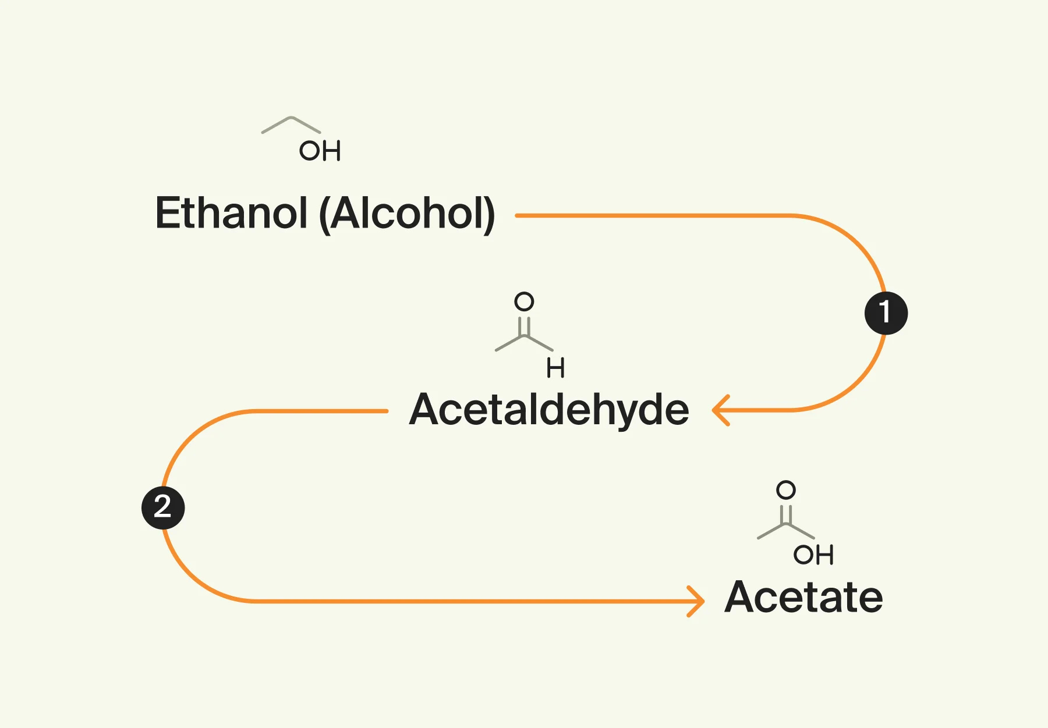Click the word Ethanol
pos(231,213)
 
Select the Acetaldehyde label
pos(549,410)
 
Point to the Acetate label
pos(803,597)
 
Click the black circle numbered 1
pos(886,313)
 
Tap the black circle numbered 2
pos(163,507)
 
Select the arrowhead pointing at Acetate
pos(696,601)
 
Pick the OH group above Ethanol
pos(320,151)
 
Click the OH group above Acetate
pos(813,555)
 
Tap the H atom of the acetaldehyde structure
pos(555,368)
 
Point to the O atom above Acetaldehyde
pos(524,301)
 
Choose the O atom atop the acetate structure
pos(786,490)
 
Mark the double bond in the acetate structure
pos(786,514)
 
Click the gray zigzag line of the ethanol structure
pos(291,123)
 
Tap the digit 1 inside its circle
pos(885,312)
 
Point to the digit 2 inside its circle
pos(162,506)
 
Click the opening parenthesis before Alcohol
pos(325,214)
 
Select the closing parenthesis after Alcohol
pos(490,214)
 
